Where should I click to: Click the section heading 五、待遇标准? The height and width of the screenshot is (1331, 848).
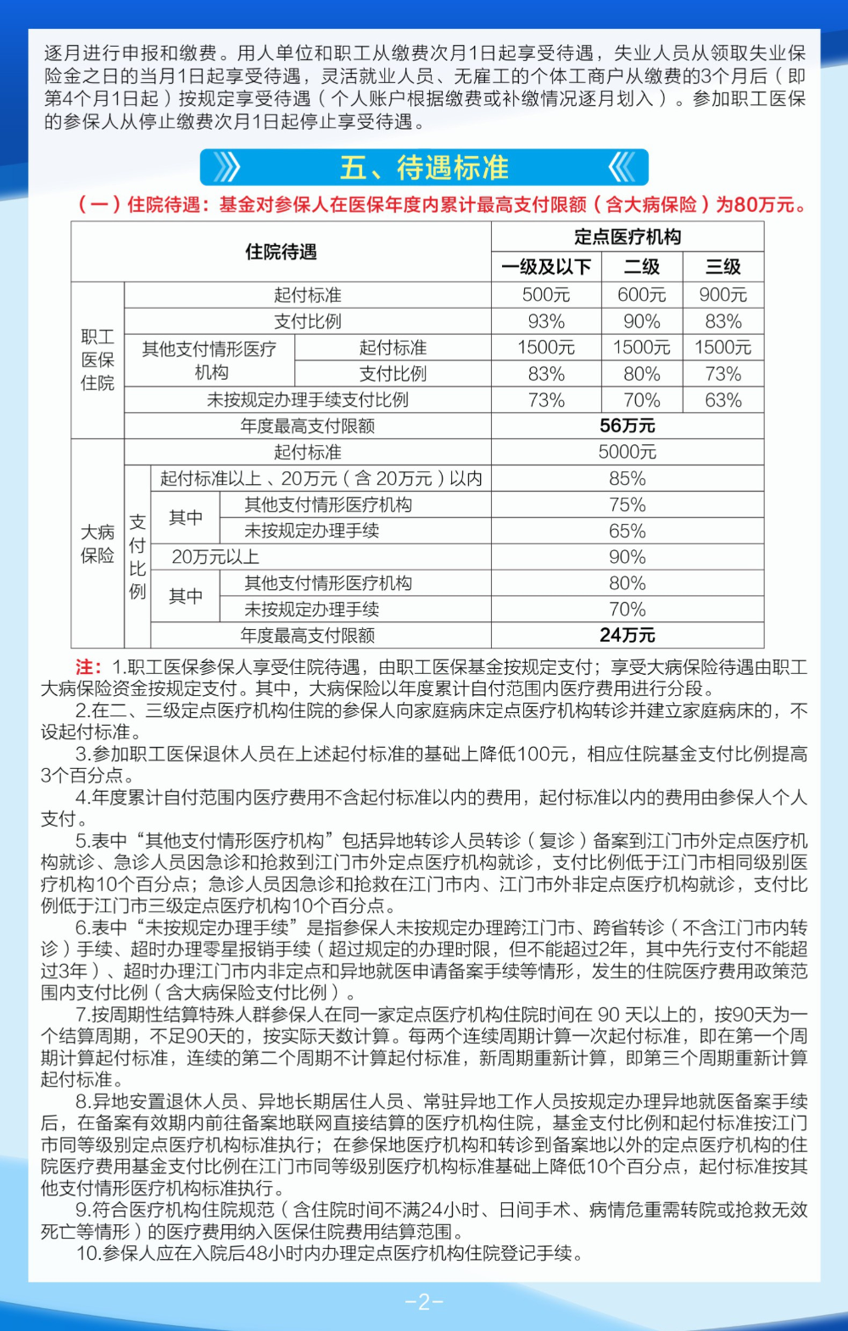pyautogui.click(x=424, y=168)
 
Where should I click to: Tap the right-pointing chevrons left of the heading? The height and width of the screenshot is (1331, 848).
pyautogui.click(x=226, y=168)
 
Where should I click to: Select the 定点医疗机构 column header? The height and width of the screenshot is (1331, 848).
pyautogui.click(x=628, y=237)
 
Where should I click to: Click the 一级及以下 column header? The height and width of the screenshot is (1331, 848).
pyautogui.click(x=546, y=267)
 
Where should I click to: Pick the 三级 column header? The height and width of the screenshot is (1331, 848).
pyautogui.click(x=723, y=267)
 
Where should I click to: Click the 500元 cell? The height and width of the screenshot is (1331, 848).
pyautogui.click(x=546, y=295)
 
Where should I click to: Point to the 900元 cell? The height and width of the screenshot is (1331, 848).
pyautogui.click(x=723, y=295)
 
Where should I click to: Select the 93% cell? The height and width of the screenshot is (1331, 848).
pyautogui.click(x=546, y=321)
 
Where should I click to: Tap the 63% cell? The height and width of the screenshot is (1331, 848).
pyautogui.click(x=723, y=400)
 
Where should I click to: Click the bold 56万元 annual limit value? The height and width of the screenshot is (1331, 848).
pyautogui.click(x=628, y=426)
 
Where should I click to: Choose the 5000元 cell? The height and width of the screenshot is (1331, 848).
pyautogui.click(x=628, y=452)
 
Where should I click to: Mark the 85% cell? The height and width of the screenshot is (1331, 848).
pyautogui.click(x=628, y=478)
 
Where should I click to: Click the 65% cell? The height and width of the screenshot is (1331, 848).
pyautogui.click(x=628, y=531)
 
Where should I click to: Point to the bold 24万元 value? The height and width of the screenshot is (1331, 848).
pyautogui.click(x=628, y=635)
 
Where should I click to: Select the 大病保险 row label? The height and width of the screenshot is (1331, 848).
pyautogui.click(x=98, y=543)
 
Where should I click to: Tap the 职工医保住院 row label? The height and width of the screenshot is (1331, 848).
pyautogui.click(x=98, y=359)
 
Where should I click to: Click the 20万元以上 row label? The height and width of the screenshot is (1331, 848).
pyautogui.click(x=215, y=557)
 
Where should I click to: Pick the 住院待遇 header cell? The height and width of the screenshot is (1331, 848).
pyautogui.click(x=281, y=252)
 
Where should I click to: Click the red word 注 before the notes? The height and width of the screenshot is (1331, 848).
pyautogui.click(x=87, y=667)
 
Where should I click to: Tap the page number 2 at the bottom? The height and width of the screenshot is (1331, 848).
pyautogui.click(x=424, y=1301)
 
